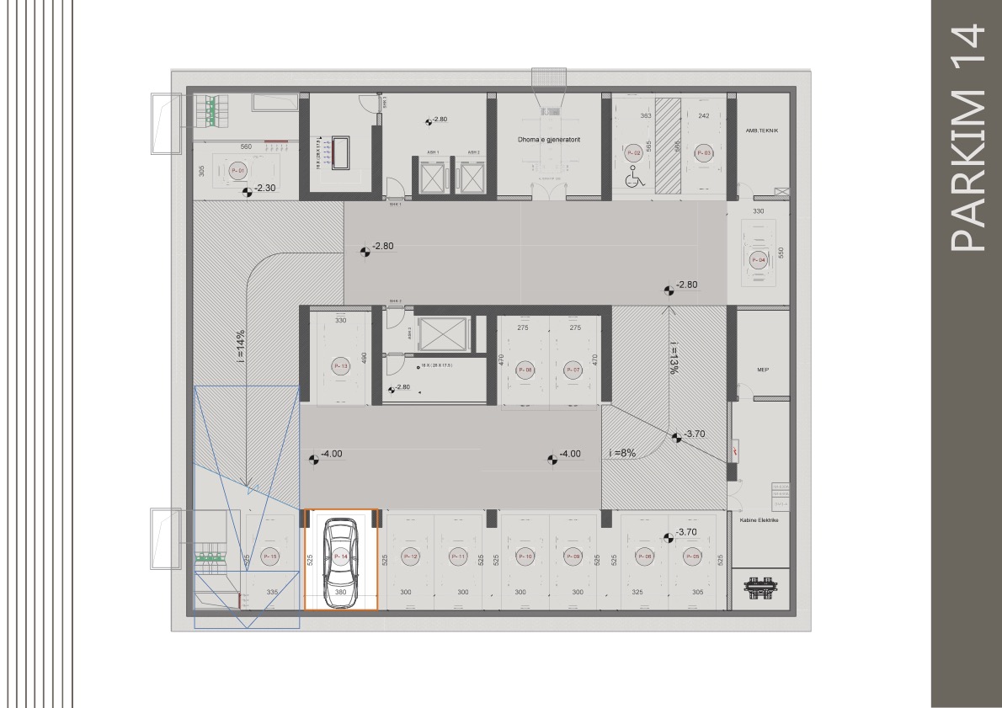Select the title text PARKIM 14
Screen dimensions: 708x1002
point(966,138)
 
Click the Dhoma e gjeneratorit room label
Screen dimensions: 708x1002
point(549,139)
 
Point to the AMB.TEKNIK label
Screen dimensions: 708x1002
point(762,130)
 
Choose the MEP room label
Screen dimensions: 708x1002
point(763,370)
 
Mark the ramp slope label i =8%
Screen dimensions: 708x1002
point(621,453)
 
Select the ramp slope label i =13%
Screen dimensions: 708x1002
point(674,357)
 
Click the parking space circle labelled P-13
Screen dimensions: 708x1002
point(340,366)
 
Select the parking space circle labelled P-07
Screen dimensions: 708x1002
point(573,370)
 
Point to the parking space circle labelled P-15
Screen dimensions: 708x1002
point(270,556)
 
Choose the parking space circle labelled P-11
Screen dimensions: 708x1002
point(458,556)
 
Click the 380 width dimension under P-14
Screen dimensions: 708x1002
point(340,593)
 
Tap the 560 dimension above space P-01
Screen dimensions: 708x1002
point(246,146)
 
